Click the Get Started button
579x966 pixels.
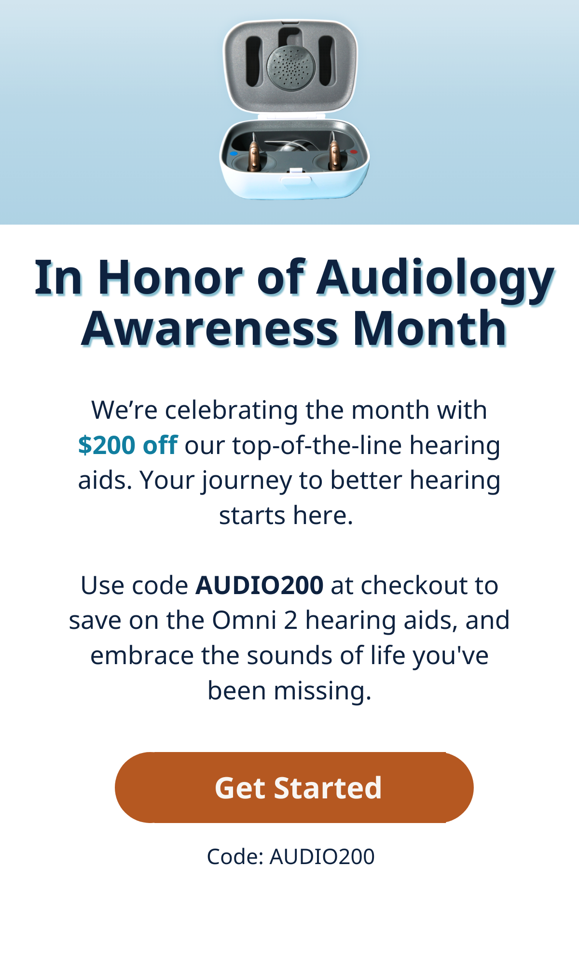(294, 787)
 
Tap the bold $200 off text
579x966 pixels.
(128, 445)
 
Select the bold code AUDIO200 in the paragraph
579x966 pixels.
(259, 585)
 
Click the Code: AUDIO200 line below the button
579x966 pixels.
(290, 857)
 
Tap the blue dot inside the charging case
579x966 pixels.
(234, 154)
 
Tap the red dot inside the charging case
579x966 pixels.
(354, 153)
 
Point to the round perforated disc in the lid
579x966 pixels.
(291, 68)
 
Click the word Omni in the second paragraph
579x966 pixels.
(244, 620)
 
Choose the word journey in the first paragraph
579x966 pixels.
(247, 482)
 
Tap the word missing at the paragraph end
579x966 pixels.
(323, 691)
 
